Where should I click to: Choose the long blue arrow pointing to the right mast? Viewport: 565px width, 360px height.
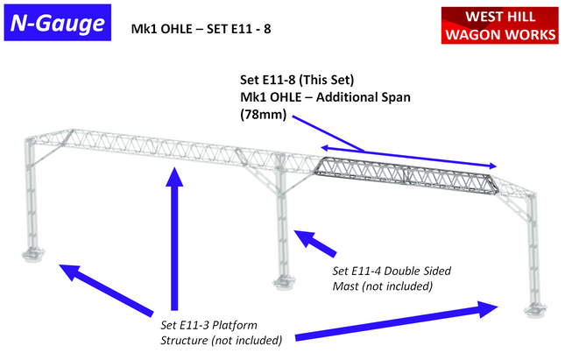click(394, 323)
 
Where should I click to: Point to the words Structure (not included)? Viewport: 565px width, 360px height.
click(220, 340)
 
